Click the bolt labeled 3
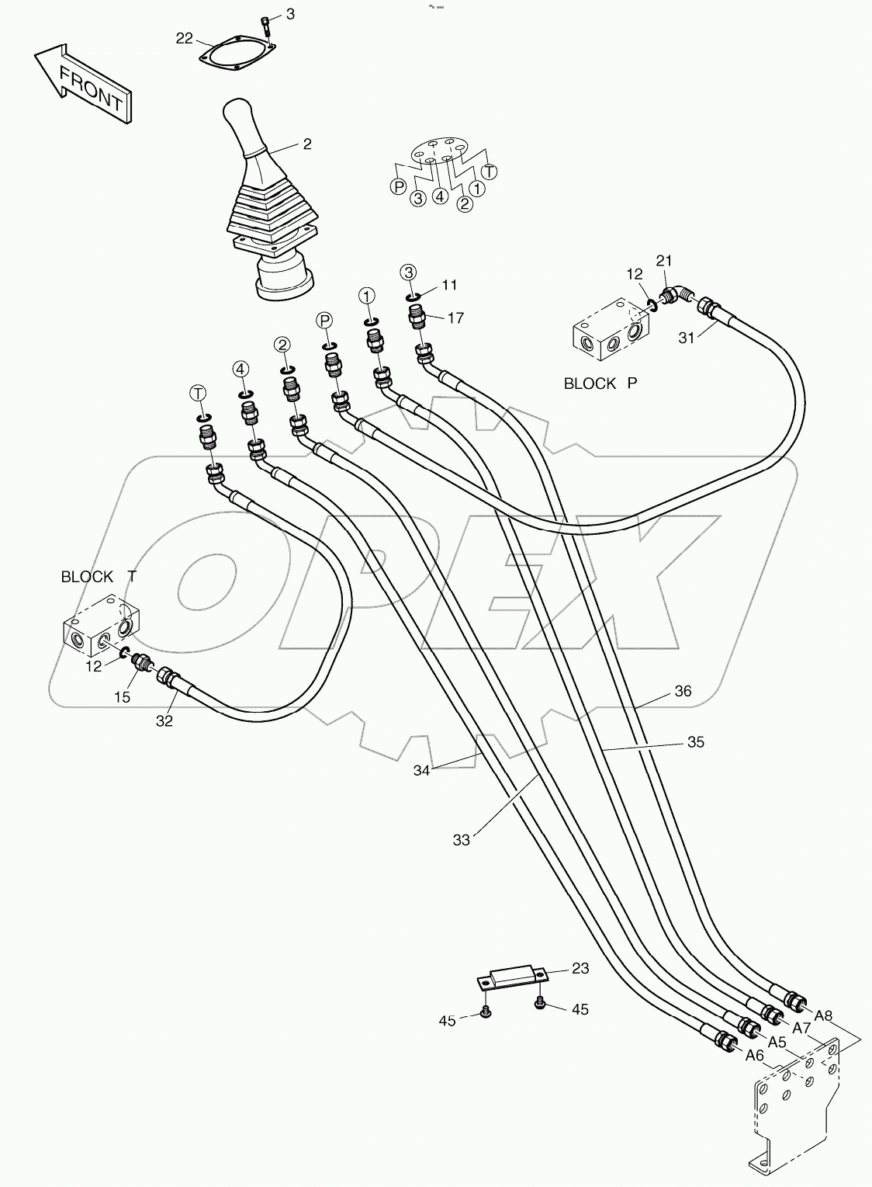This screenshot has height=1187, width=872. [x=266, y=26]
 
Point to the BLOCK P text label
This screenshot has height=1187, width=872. [x=600, y=384]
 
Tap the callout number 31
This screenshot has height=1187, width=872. [x=687, y=336]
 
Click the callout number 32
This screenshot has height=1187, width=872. [x=164, y=720]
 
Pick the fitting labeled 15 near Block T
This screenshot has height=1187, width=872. [x=142, y=663]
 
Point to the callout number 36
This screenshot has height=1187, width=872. [x=683, y=691]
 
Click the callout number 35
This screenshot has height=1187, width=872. [x=695, y=742]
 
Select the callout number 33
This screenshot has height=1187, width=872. [x=462, y=840]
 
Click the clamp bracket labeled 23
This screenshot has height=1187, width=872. [x=515, y=975]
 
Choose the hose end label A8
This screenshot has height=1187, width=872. [x=823, y=1015]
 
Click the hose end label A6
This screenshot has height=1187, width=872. [x=754, y=1055]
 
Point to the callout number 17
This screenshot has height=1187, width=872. [x=455, y=318]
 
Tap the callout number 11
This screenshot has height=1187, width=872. [x=450, y=285]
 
